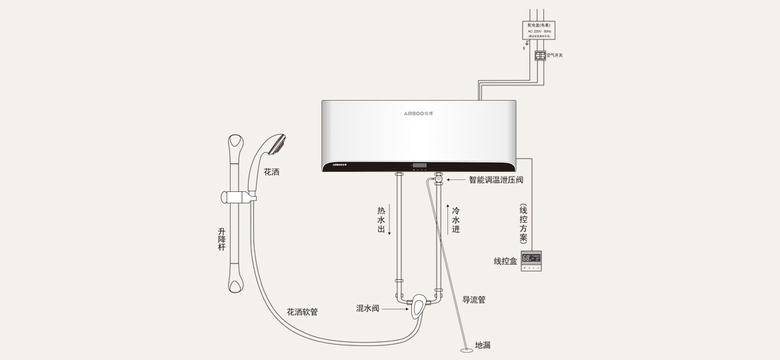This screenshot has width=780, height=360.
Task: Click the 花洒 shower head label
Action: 271,172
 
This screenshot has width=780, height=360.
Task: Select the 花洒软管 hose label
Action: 302,312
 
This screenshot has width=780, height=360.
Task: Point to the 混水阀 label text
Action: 367,309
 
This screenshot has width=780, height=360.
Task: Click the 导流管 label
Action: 474,300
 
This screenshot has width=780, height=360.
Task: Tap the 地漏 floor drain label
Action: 483,345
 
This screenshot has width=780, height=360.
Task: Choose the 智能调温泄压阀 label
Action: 496,180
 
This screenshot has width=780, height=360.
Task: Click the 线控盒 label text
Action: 505,261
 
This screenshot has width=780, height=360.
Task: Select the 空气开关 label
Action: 555,55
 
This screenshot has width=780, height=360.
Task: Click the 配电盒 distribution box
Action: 539,30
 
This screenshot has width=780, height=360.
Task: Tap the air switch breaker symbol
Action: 540,55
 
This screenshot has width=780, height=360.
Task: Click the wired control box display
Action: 531,258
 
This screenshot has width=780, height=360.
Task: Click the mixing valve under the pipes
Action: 418,307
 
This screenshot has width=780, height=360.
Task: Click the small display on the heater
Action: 419,165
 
